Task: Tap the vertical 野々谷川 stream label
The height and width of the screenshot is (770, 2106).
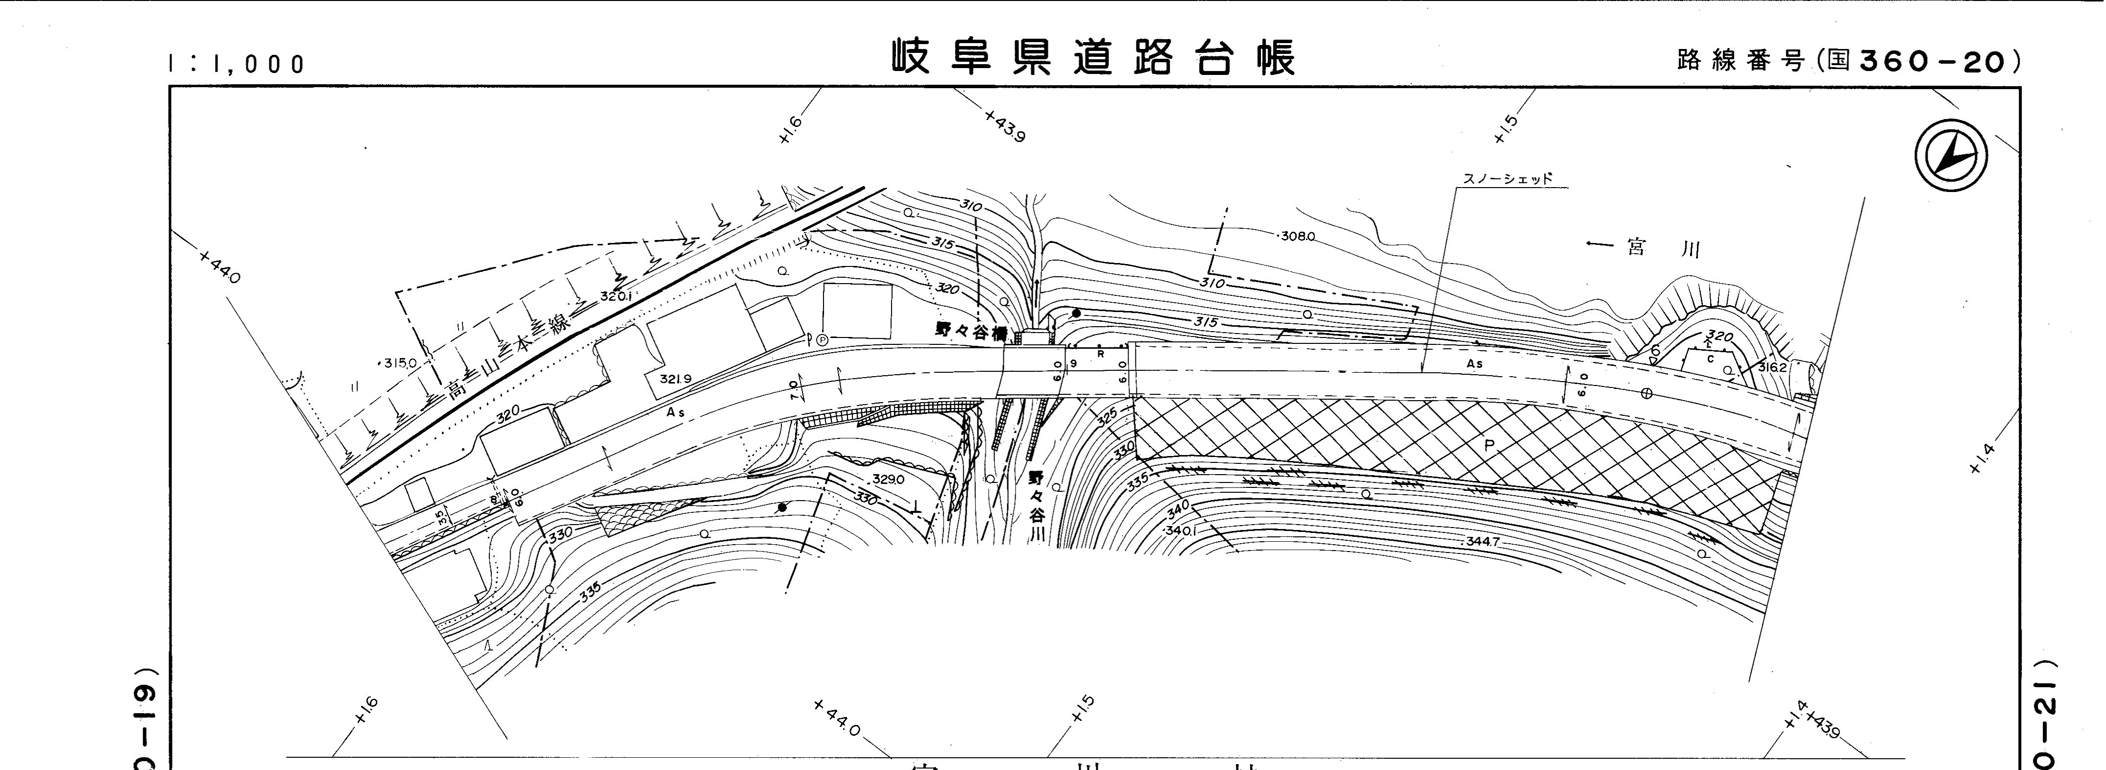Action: click(x=1037, y=507)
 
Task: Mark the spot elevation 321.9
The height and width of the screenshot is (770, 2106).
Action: click(x=675, y=379)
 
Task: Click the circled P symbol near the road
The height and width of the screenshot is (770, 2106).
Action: click(x=822, y=338)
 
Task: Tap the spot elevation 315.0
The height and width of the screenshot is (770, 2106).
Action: click(x=401, y=362)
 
